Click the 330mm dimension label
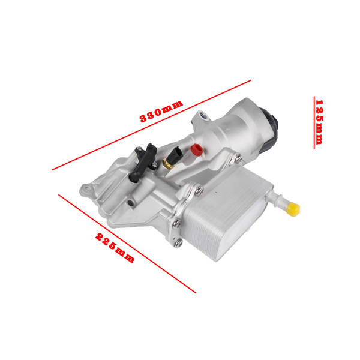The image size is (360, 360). click(x=161, y=112)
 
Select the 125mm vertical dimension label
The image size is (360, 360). click(x=319, y=122)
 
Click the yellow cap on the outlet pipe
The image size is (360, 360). click(x=294, y=208)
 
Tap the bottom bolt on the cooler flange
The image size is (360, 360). click(x=178, y=243)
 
